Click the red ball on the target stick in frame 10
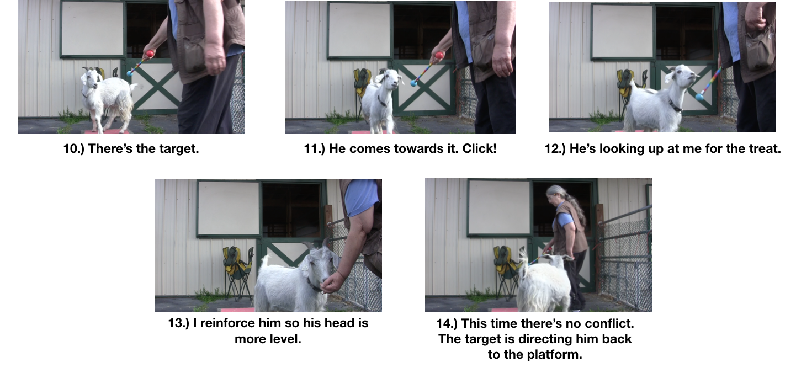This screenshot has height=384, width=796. pos(150,54)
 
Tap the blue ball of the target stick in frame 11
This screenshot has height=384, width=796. pos(413,83)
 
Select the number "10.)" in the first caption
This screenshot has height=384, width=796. pos(75,149)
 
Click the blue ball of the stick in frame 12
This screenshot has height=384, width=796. pos(699,97)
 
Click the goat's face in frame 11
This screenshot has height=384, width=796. pos(391,81)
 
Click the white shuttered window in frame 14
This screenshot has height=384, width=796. pos(498,207)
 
